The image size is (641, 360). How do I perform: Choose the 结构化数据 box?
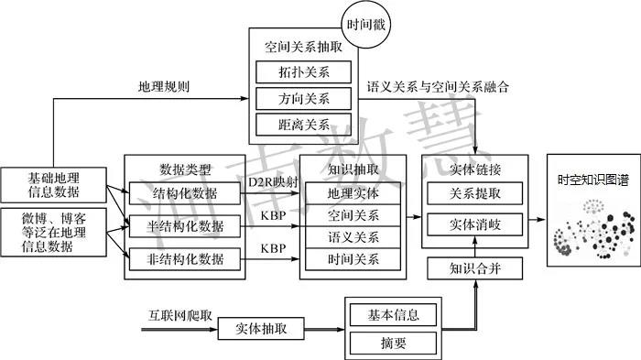pos(187,193)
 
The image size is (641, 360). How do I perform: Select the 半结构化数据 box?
pos(187,225)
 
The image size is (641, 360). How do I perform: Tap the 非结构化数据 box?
pos(187,258)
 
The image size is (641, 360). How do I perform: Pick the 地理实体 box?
pos(353,193)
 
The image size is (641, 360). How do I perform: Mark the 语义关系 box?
pos(353,237)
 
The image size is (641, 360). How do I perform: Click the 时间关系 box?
pos(353,258)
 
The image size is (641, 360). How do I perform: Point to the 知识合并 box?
pos(474,268)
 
